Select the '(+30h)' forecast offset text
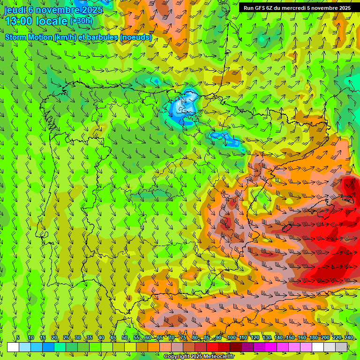(82, 21)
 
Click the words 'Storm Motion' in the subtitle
(29, 37)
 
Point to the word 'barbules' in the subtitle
(101, 37)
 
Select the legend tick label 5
(18, 338)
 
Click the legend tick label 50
(125, 338)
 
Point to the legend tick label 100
(231, 338)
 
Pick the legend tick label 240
(349, 338)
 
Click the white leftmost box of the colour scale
(13, 347)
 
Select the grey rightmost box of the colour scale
(341, 347)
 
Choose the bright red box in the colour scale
(212, 347)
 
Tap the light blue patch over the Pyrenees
(185, 108)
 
